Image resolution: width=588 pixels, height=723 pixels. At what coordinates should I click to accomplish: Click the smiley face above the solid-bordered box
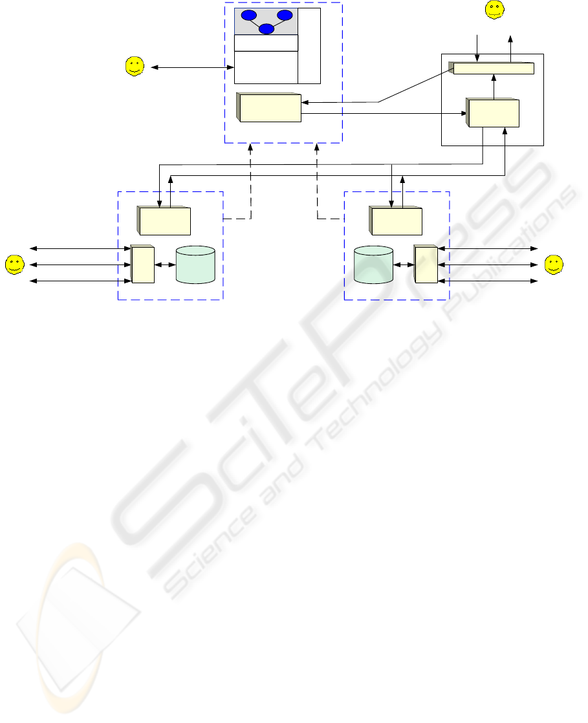point(494,10)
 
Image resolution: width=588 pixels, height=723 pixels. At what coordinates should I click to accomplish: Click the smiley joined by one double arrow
point(135,67)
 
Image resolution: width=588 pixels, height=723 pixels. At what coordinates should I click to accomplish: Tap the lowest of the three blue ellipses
point(267,29)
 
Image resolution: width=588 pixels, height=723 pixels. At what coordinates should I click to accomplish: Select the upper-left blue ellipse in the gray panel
point(248,16)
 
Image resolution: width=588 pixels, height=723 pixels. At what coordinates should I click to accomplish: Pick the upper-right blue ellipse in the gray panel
point(285,16)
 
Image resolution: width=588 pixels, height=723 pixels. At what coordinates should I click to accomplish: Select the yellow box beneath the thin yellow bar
point(492,112)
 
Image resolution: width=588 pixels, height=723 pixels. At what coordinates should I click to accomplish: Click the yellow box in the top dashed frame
point(269,107)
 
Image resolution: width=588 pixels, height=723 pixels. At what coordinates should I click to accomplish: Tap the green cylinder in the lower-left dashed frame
point(195,264)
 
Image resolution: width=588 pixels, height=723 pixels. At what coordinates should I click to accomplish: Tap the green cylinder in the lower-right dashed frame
point(373,264)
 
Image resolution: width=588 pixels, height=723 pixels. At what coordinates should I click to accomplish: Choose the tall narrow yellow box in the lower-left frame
point(142,264)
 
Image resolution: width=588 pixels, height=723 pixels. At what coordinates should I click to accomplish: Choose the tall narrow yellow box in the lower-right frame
point(426,264)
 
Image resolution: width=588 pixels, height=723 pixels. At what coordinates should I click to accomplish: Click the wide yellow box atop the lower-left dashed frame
point(164,221)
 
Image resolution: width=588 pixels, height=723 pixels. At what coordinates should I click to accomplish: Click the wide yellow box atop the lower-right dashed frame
point(396,221)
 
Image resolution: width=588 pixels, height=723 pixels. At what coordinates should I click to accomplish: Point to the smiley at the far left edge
point(14,264)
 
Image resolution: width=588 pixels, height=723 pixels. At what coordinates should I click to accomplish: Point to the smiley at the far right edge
point(554,264)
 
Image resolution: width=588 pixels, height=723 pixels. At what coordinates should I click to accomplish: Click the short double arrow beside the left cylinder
point(165,264)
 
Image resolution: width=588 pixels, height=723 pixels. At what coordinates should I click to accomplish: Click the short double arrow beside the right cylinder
point(404,264)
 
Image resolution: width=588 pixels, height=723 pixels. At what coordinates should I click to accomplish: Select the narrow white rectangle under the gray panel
point(266,43)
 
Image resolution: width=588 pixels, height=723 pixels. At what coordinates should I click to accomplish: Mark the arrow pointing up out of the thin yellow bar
point(510,49)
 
